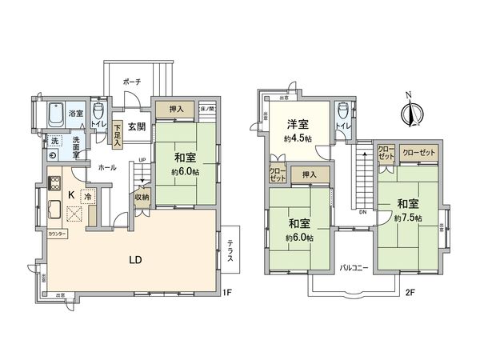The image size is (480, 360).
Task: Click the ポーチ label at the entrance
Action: coord(132,82)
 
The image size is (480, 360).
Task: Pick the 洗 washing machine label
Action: coord(54,141)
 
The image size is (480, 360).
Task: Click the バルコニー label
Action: coord(353,267)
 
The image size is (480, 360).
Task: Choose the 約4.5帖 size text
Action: coord(298,138)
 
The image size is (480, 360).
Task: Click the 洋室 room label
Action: coord(298,125)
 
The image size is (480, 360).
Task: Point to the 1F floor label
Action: coord(226,293)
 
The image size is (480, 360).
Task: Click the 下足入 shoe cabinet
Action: coord(118,130)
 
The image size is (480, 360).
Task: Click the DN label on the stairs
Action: coord(362,213)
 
